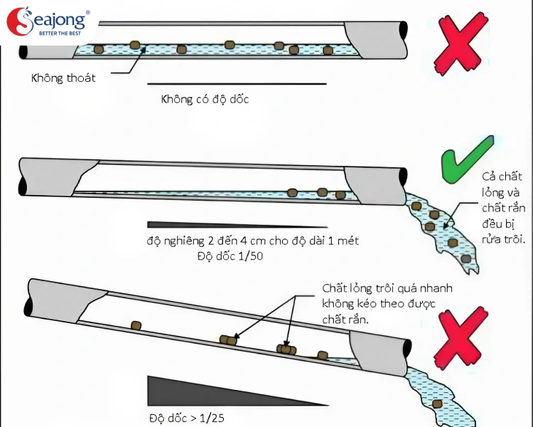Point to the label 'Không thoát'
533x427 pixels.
point(63,78)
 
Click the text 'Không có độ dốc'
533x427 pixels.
point(205,99)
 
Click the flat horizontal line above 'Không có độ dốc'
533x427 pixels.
point(237,85)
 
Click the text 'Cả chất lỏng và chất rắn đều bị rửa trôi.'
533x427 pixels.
point(502,206)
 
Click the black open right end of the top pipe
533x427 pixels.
point(403,31)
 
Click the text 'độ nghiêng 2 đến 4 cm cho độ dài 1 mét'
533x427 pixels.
point(252,241)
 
